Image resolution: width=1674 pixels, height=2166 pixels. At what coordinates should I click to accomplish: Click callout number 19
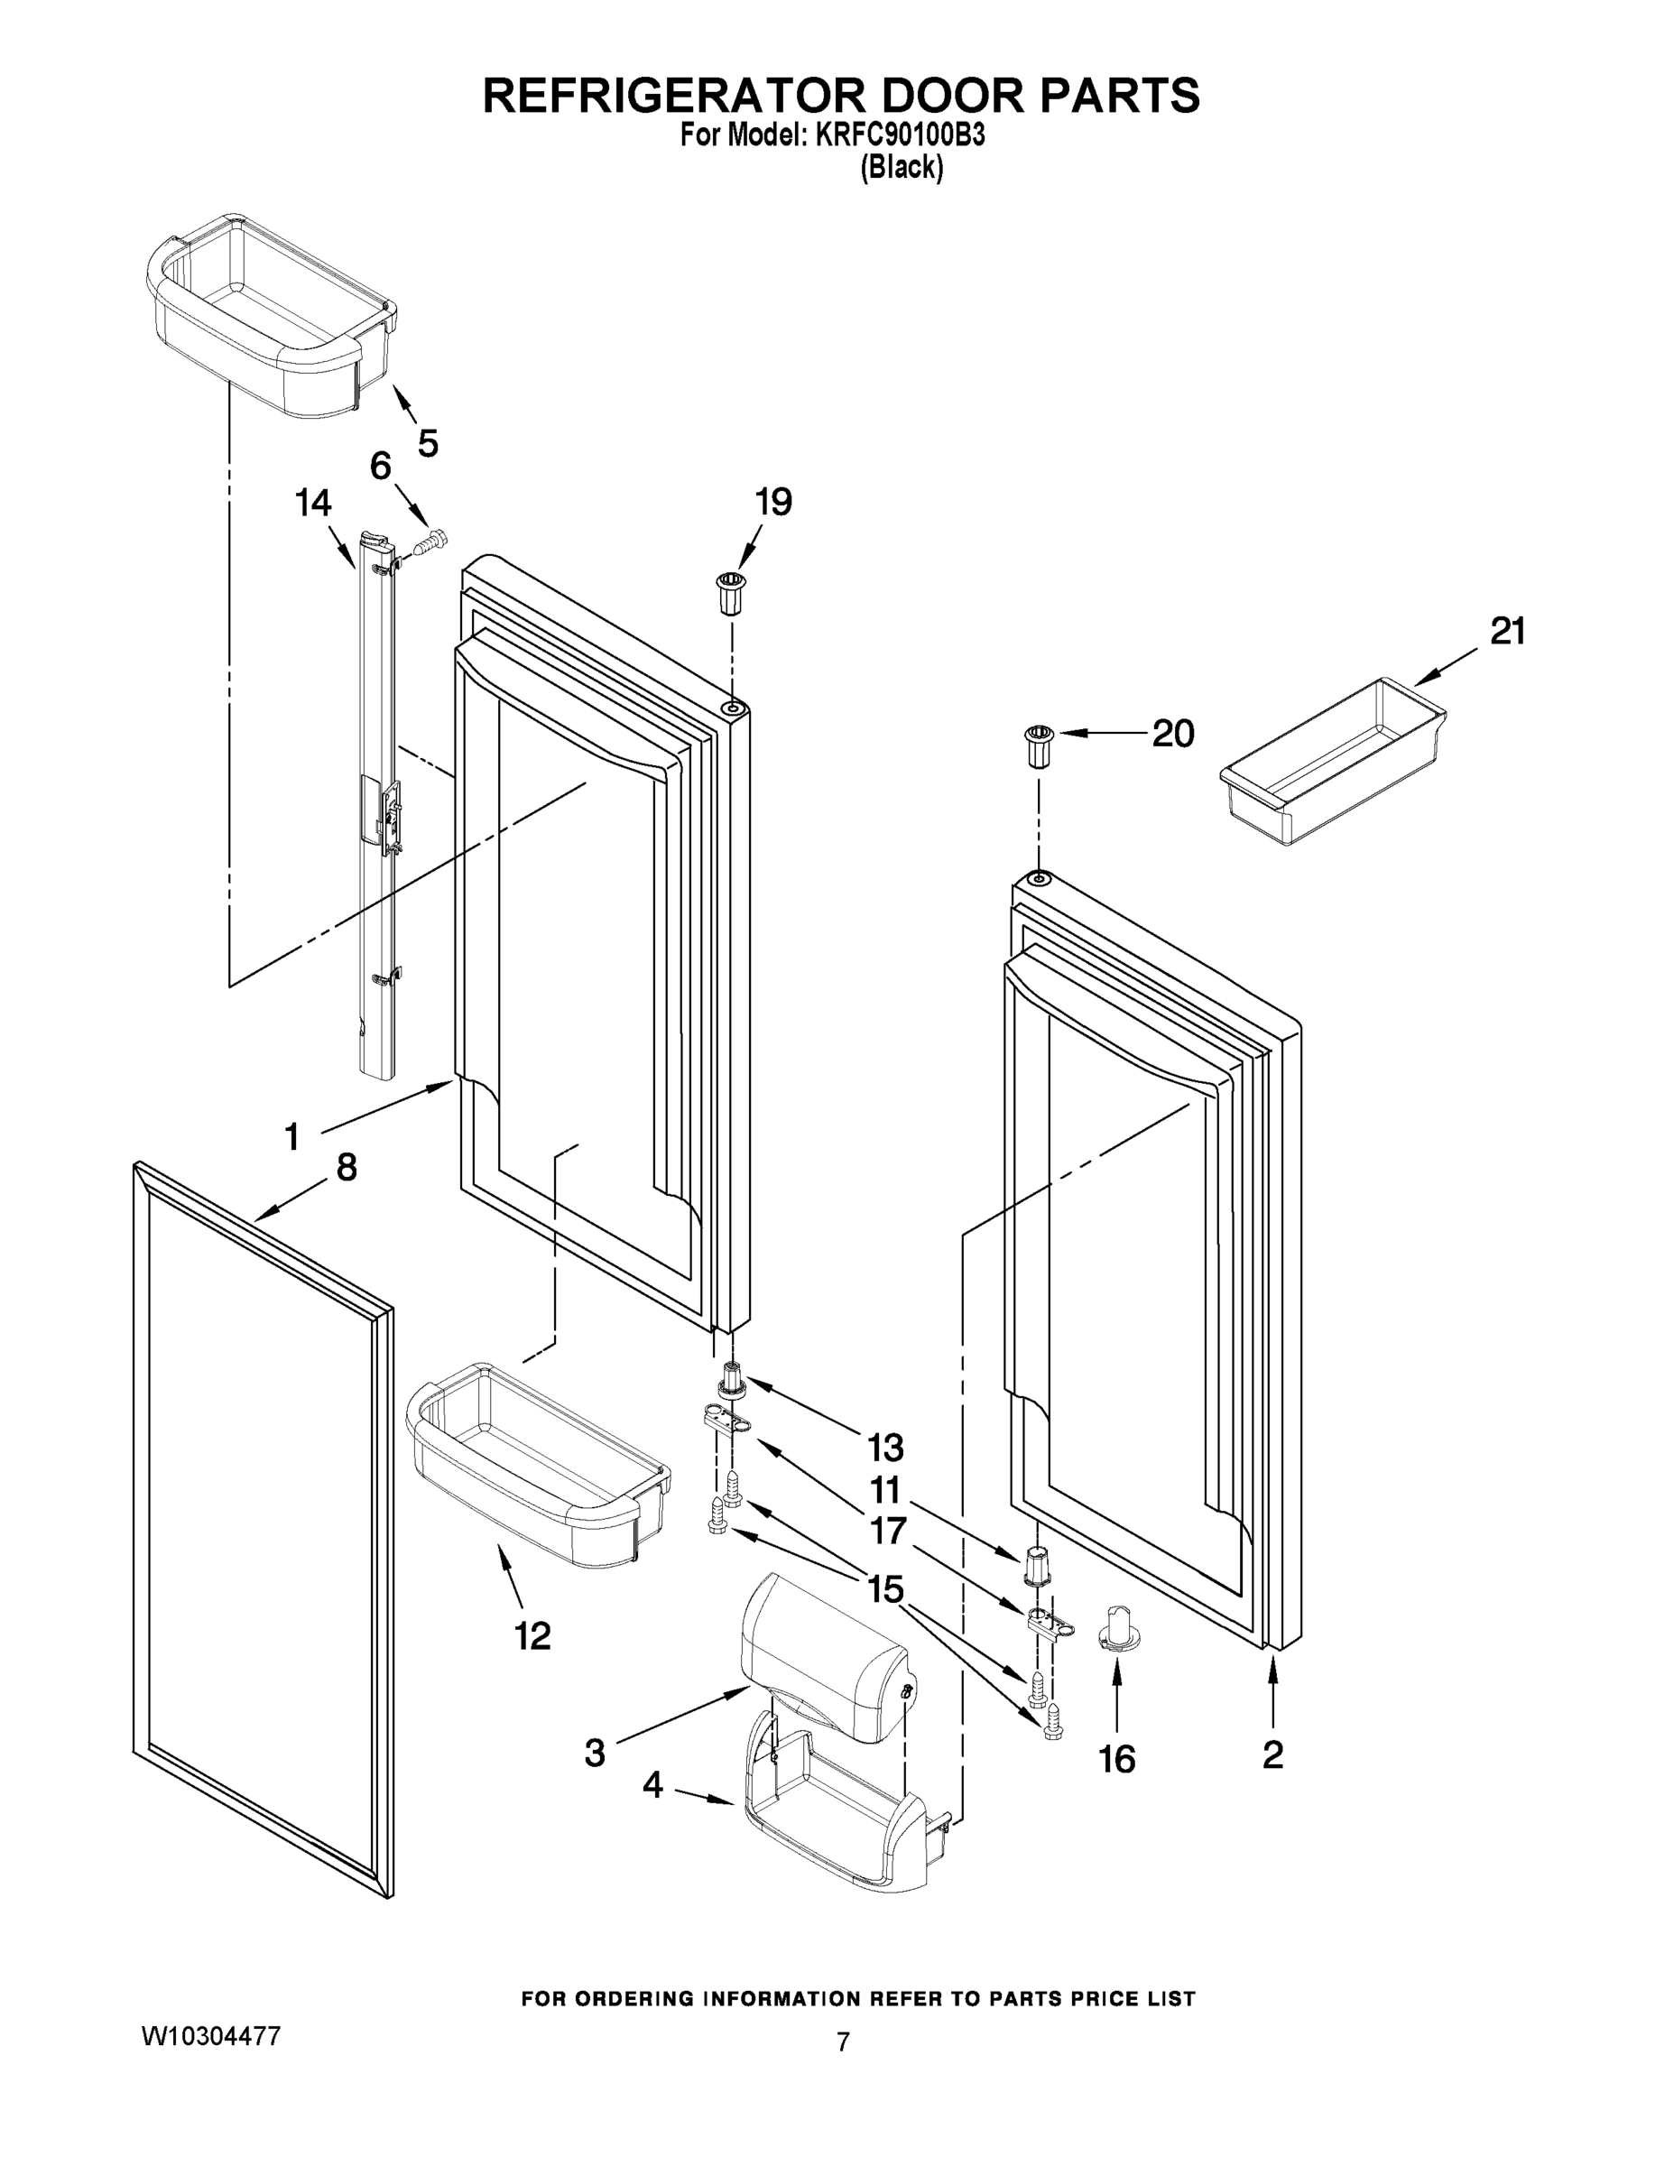pyautogui.click(x=773, y=503)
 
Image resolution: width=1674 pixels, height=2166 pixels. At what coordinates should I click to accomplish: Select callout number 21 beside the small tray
pyautogui.click(x=1507, y=631)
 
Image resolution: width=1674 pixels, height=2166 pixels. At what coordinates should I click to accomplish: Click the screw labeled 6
pyautogui.click(x=430, y=542)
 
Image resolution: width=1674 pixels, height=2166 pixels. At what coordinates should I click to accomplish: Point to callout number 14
pyautogui.click(x=313, y=504)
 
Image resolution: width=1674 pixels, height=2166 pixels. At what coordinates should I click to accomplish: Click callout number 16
pyautogui.click(x=1116, y=1759)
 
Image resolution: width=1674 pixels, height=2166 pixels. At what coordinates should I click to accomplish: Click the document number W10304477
pyautogui.click(x=211, y=2037)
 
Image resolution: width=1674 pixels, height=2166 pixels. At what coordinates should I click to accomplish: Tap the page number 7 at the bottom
pyautogui.click(x=842, y=2042)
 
